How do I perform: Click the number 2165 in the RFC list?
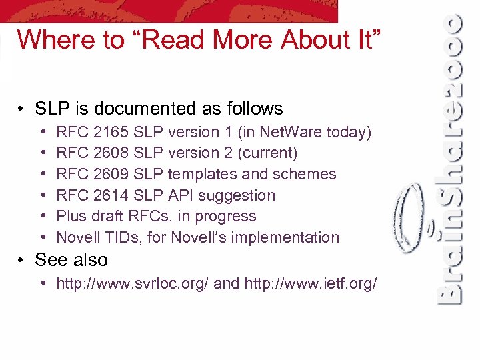(x=111, y=132)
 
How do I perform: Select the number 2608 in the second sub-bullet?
(x=111, y=153)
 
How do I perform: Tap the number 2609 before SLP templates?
(x=111, y=174)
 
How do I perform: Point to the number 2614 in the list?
(x=111, y=195)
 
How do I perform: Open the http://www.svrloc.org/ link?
(x=133, y=284)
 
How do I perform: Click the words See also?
(x=71, y=260)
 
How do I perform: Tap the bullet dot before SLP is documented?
(x=23, y=109)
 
